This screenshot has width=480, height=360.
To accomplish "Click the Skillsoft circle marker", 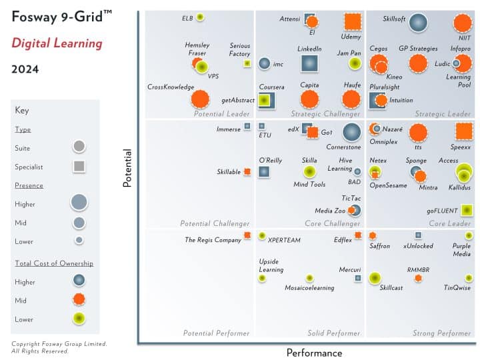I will pos(417,23).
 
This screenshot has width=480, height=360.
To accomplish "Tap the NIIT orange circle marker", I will pos(462,23).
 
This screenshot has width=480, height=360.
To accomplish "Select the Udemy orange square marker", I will pos(353,23).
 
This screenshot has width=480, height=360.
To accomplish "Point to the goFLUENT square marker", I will pos(467,211).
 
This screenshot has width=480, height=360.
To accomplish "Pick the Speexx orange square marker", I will pos(464,132).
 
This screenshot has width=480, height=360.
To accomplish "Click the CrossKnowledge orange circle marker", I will pos(199,99).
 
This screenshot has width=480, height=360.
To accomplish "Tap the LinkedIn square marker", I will pos(309,63).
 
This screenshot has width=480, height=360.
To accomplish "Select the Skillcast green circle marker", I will pos(375,277).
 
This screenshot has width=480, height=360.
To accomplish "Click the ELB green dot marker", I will pos(200,17).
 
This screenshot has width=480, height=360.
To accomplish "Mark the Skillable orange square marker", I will pos(247,171).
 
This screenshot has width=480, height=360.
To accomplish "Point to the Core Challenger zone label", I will pos(332,223).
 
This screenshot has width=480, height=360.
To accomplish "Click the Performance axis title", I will pos(314,353).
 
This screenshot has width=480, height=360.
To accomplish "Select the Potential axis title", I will pos(127,167).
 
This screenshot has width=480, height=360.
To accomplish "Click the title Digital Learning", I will pos(57,44).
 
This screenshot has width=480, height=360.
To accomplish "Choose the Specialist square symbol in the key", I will pos(79,167).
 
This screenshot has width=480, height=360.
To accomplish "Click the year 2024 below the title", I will pos(25,69).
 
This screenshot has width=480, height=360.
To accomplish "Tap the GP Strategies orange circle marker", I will pos(418,63).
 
